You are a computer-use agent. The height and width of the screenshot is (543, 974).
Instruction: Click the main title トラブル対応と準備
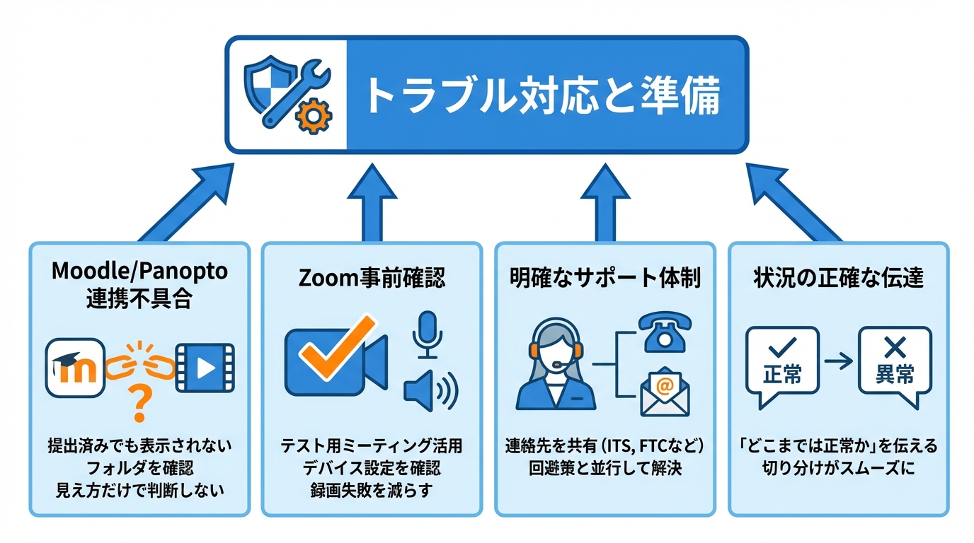[542, 95]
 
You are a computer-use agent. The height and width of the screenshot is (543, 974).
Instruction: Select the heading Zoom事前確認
[372, 278]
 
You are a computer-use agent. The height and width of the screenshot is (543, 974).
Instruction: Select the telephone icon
[665, 332]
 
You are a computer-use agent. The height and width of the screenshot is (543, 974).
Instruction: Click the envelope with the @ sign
[665, 393]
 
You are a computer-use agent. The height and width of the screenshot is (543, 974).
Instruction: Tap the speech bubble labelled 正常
[783, 364]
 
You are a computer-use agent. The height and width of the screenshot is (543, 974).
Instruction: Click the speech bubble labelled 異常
[895, 364]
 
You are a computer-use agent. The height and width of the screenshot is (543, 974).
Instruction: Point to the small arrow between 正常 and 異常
[839, 361]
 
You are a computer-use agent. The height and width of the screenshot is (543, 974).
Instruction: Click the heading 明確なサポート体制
[605, 278]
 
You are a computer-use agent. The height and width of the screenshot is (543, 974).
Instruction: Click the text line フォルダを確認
[139, 468]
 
